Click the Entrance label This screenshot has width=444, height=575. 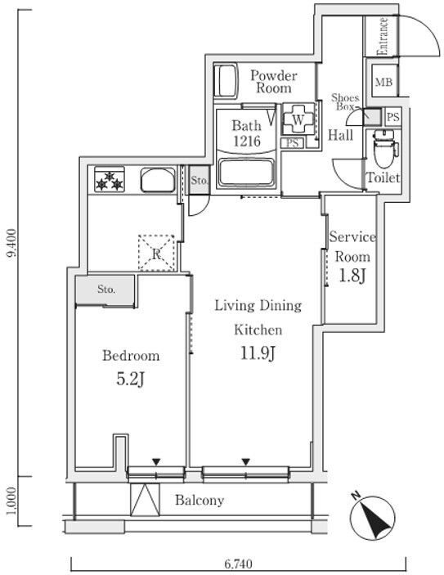pyautogui.click(x=382, y=37)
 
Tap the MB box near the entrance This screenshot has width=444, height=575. pyautogui.click(x=383, y=82)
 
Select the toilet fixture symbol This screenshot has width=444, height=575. pyautogui.click(x=381, y=149)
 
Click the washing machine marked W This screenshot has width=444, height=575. pyautogui.click(x=298, y=120)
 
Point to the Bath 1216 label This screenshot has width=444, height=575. pyautogui.click(x=245, y=133)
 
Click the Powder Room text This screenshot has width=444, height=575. pyautogui.click(x=272, y=82)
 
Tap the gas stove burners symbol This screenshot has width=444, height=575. pyautogui.click(x=109, y=180)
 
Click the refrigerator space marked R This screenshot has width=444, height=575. pyautogui.click(x=155, y=253)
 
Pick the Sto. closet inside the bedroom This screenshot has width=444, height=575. pyautogui.click(x=105, y=289)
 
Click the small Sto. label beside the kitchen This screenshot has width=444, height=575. pyautogui.click(x=198, y=180)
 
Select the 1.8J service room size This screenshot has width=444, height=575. pyautogui.click(x=351, y=276)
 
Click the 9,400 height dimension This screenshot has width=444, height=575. pyautogui.click(x=11, y=244)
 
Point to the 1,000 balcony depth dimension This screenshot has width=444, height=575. pyautogui.click(x=11, y=501)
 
